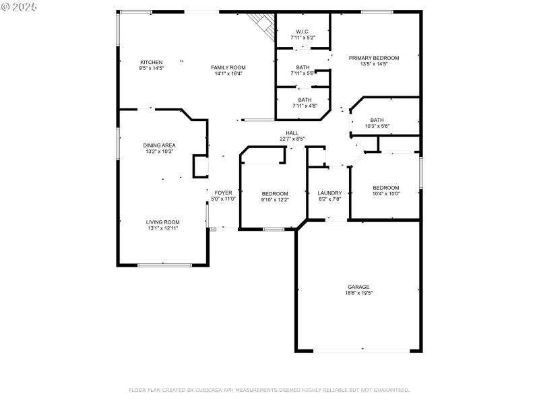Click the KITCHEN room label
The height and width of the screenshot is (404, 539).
click(x=151, y=62)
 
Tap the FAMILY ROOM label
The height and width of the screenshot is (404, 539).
click(x=228, y=67)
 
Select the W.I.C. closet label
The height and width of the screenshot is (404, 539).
click(x=303, y=31)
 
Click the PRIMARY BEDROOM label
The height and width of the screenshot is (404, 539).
click(x=374, y=58)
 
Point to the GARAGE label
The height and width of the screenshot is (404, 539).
click(x=358, y=287)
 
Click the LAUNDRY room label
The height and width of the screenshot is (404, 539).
click(x=330, y=193)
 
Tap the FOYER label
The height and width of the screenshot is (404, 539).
click(x=224, y=193)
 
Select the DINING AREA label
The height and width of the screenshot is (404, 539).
click(x=159, y=145)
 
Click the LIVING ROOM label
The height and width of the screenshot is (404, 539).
click(x=163, y=222)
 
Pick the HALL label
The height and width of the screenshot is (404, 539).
click(x=292, y=133)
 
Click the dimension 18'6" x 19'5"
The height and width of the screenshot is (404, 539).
click(x=358, y=293)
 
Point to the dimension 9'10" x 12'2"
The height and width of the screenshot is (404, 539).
click(x=275, y=200)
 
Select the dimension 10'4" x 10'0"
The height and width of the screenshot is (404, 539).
click(x=386, y=194)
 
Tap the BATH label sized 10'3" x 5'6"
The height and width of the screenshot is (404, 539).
click(x=377, y=120)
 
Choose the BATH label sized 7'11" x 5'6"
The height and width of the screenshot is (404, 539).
click(x=303, y=67)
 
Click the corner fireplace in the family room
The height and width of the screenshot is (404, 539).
click(x=263, y=25)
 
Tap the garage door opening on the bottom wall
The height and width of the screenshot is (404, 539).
click(x=362, y=349)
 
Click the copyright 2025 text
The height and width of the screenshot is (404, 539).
click(x=20, y=6)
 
